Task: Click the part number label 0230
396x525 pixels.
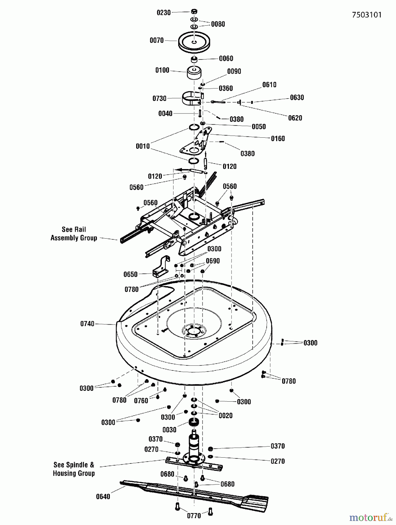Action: click(x=164, y=13)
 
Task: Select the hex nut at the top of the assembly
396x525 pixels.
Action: click(x=194, y=12)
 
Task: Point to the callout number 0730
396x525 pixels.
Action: click(x=159, y=98)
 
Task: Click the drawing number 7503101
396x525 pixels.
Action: click(x=367, y=15)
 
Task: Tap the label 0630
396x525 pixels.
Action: click(x=297, y=97)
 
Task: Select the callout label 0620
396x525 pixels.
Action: click(x=295, y=118)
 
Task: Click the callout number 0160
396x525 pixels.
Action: click(x=278, y=139)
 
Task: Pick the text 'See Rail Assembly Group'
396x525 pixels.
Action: click(x=74, y=234)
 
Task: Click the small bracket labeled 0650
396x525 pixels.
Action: click(x=161, y=267)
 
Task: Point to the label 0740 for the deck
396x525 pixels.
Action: click(x=87, y=324)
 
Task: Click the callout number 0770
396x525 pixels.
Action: click(x=194, y=516)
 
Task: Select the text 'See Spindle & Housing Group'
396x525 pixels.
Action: click(x=74, y=469)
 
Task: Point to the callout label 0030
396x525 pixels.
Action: click(x=169, y=430)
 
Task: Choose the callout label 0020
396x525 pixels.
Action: click(x=225, y=416)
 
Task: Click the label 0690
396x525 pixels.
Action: click(x=213, y=261)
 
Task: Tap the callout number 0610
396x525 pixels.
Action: click(x=269, y=85)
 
